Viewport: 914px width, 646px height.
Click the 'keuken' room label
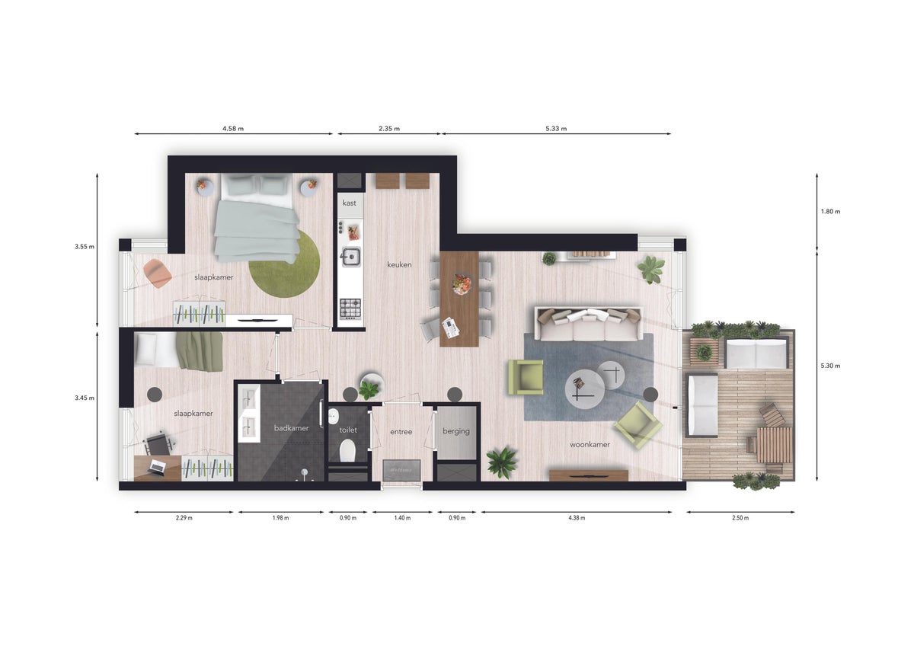pos(399,264)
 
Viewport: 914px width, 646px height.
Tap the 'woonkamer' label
pos(590,444)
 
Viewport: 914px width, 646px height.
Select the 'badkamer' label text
pos(291,427)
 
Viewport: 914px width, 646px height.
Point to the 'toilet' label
pos(348,430)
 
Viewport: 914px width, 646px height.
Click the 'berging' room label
pos(455,431)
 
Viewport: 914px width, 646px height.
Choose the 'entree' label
pos(401,431)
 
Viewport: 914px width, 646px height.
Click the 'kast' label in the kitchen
pos(350,203)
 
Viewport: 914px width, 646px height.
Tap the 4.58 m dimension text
pos(233,129)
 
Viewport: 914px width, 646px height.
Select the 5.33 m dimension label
pos(556,129)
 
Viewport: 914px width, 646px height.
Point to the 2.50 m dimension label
pos(740,518)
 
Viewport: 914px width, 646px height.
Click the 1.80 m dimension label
pos(830,211)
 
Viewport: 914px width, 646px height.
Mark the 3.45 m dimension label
pos(85,398)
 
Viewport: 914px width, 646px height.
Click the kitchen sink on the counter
pos(351,257)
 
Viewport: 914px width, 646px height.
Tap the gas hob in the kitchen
pos(350,309)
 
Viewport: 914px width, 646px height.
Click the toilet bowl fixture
pos(347,450)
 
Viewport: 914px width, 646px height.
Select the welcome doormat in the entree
pos(401,470)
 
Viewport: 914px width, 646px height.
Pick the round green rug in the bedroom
pos(284,264)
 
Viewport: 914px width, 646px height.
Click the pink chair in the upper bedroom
pos(157,273)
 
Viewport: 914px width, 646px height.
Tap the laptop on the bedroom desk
pos(156,466)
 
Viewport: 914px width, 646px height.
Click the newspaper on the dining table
pos(450,328)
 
